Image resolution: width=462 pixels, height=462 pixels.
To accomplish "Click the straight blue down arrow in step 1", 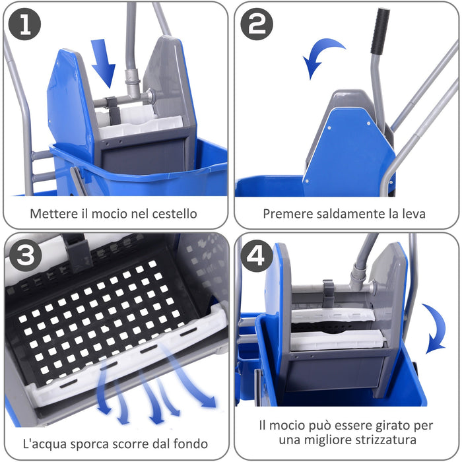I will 103,61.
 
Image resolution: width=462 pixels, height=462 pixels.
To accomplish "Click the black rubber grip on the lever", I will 379,32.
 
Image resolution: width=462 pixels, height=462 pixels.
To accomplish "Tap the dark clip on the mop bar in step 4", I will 328,291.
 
